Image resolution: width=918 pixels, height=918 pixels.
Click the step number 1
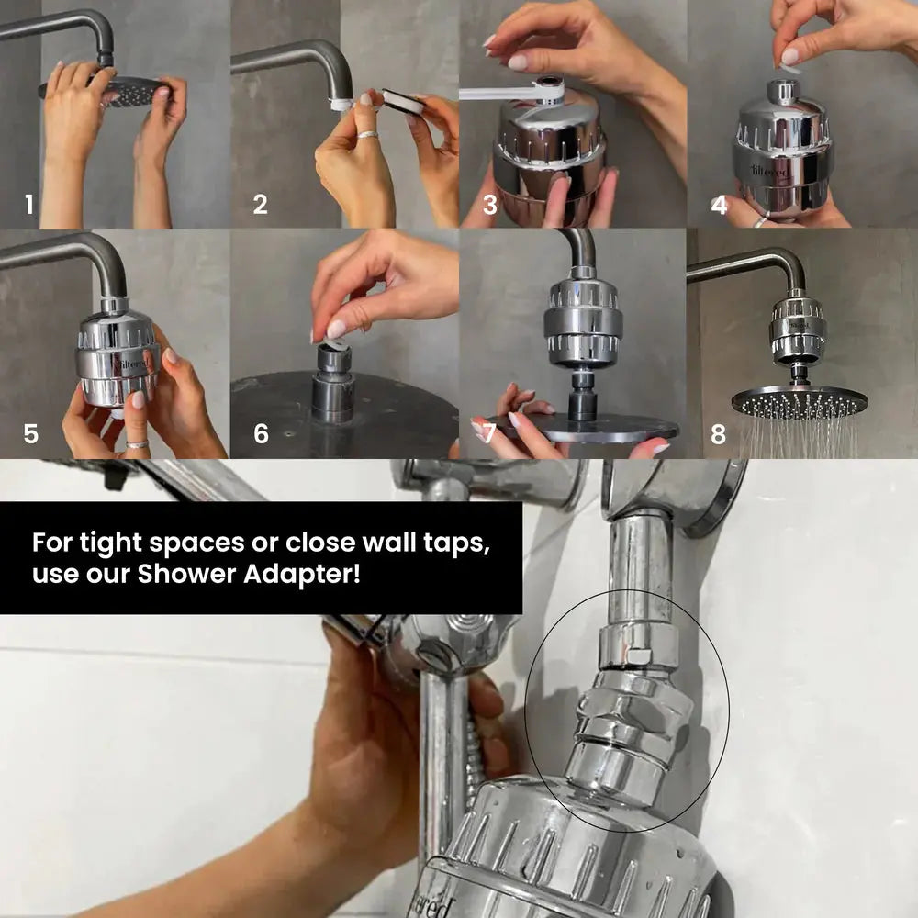click(x=29, y=205)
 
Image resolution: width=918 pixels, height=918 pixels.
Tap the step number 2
click(x=261, y=205)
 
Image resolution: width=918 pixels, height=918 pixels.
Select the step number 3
click(x=490, y=205)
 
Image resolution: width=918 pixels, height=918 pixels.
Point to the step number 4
click(x=720, y=205)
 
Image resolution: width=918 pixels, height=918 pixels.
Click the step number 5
click(x=30, y=433)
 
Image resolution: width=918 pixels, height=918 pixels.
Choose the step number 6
click(x=261, y=433)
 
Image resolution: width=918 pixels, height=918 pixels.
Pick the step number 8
click(x=718, y=433)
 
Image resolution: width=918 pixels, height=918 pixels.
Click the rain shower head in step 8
click(x=799, y=400)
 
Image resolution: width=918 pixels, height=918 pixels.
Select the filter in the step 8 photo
click(x=797, y=330)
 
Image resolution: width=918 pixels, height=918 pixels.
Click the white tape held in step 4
click(x=791, y=66)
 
